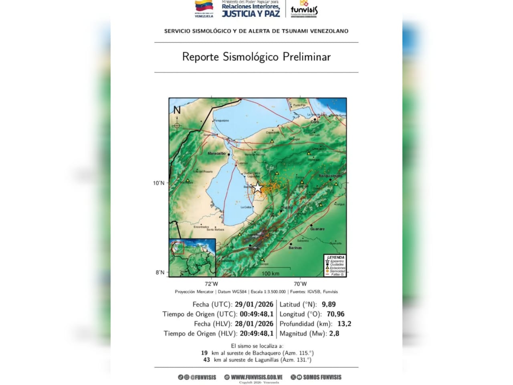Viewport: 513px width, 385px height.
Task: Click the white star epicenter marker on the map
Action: pos(257,188)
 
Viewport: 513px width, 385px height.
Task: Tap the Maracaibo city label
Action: pos(216,154)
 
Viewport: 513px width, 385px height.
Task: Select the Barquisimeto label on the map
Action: pos(330,176)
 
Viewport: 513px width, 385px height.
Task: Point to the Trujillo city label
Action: pos(287,208)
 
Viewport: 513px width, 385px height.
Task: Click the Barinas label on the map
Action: pos(295,248)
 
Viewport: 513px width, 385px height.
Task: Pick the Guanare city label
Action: pos(317,229)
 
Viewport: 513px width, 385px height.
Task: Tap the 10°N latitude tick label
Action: pos(159,183)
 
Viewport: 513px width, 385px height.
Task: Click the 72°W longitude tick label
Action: pos(212,284)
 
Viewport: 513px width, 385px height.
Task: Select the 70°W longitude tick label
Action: pos(300,284)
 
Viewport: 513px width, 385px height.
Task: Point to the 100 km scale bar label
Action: pos(271,274)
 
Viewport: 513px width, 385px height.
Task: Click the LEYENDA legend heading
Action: pos(335,257)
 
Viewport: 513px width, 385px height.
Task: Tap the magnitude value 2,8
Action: pos(334,334)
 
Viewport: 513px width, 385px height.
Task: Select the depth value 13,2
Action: pos(344,324)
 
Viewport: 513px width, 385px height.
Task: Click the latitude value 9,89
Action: pos(329,305)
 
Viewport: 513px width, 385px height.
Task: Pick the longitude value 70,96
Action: pos(335,314)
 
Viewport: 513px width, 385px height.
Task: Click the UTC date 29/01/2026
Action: pos(254,305)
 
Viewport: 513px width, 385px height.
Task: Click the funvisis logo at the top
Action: pos(304,9)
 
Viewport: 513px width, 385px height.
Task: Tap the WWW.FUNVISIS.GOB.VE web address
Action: pos(256,377)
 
